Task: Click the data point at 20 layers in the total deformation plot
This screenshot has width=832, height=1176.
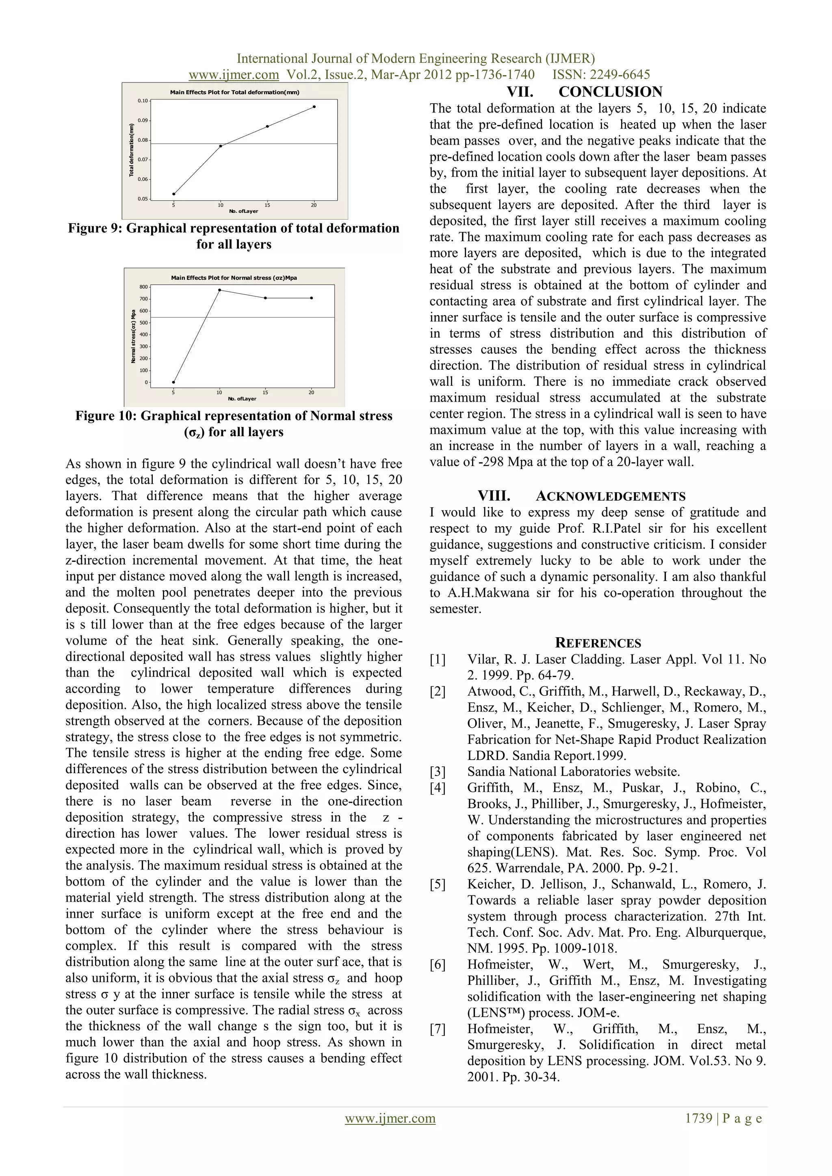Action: [314, 106]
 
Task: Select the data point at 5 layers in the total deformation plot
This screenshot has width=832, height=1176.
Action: [174, 194]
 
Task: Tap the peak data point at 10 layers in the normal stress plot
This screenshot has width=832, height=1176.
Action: [220, 290]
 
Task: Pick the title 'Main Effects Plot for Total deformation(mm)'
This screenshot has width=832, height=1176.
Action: [235, 92]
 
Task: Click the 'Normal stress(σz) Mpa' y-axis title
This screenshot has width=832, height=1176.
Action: [133, 336]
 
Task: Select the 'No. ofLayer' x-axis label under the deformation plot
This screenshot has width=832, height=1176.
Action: [243, 211]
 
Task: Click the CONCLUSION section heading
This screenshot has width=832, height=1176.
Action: [610, 92]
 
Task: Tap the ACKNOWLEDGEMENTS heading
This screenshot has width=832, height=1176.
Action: [610, 496]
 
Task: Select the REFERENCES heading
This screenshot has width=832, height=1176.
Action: [598, 643]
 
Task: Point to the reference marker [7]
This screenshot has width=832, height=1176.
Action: [438, 1029]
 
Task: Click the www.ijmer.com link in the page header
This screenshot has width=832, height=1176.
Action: [234, 75]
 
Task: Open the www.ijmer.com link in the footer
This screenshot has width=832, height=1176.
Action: [390, 1133]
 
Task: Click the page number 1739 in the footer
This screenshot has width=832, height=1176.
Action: [698, 1133]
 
